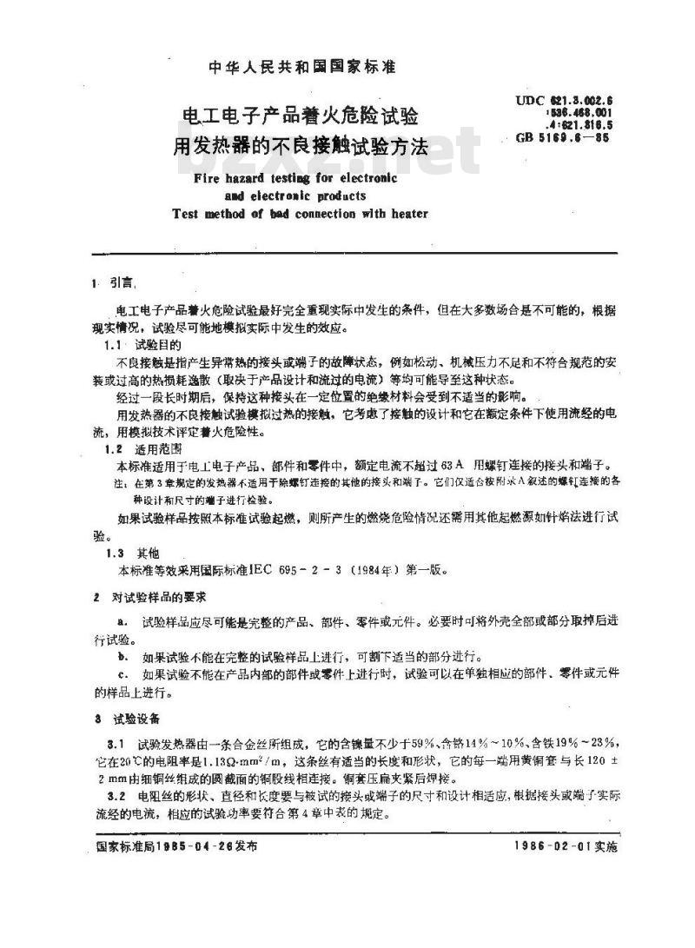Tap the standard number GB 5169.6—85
tap(562, 137)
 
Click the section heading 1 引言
tap(113, 284)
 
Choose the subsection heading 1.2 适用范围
tap(136, 449)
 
